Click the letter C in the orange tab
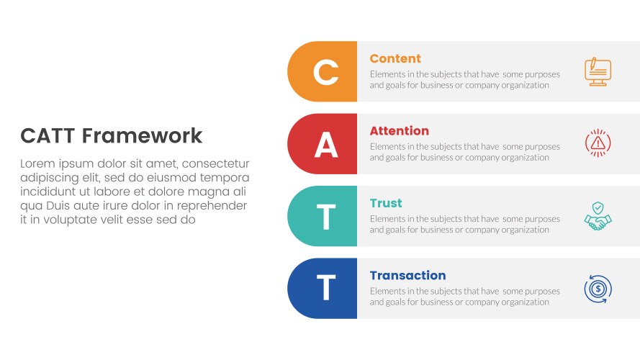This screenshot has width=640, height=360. pos(325,72)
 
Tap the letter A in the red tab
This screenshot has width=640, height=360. pos(325,145)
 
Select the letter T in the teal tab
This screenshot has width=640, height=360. pos(325,217)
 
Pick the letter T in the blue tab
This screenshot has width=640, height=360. pos(325,289)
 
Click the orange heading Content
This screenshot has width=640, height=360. pos(395,59)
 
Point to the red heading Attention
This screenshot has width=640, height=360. pos(399,131)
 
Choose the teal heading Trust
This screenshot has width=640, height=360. pos(386,203)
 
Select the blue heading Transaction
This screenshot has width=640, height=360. pos(407,276)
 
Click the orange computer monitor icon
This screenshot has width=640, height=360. pos(598,72)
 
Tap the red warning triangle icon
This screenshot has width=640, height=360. pos(598,144)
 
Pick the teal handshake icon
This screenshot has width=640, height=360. pos(598,217)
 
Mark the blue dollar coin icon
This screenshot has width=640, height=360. pos(598,289)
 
